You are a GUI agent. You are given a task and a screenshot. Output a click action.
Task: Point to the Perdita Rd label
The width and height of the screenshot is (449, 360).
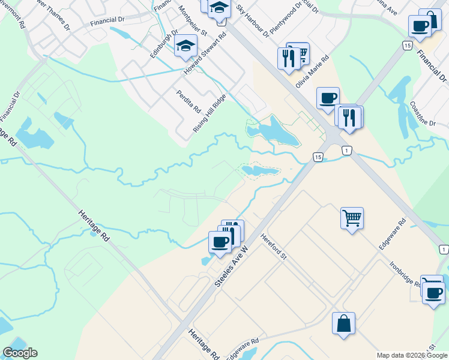coord(188,101)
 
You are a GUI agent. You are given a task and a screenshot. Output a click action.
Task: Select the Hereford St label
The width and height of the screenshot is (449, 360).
coord(275,246)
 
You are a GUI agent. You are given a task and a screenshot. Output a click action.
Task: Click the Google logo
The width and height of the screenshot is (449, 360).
coord(20,353)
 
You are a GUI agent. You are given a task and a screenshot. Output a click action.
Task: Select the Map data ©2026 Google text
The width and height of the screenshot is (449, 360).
coord(412,355)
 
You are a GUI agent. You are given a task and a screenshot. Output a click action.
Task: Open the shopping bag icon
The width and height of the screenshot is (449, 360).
coord(343,324)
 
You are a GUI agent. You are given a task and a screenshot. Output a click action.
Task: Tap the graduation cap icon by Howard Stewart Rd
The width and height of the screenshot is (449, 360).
coord(185,46)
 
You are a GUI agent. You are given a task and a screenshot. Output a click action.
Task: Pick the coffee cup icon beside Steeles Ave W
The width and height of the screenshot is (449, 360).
coord(220,242)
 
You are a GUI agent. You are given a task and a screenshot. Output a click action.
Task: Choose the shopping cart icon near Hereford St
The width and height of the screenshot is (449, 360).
coord(352,217)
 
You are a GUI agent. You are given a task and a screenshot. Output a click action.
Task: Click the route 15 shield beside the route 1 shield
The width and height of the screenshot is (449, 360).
coord(318,157)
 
